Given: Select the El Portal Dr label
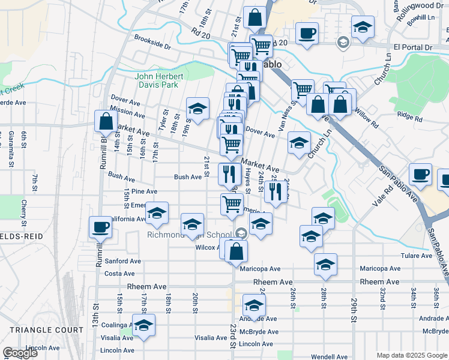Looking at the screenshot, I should tap(412, 47).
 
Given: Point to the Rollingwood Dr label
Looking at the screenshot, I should tap(423, 5).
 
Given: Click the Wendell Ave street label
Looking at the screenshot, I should tap(326, 356).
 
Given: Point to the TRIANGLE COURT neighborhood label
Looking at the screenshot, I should tap(46, 330).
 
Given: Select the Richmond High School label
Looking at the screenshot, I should tap(190, 235).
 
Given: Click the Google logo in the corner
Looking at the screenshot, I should tap(20, 353).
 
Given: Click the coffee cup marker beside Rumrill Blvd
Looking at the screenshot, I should tap(100, 227).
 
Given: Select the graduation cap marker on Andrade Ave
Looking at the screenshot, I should tap(254, 305).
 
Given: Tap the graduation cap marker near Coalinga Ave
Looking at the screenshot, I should tap(143, 325).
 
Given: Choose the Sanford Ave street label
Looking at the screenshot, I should tap(122, 261).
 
